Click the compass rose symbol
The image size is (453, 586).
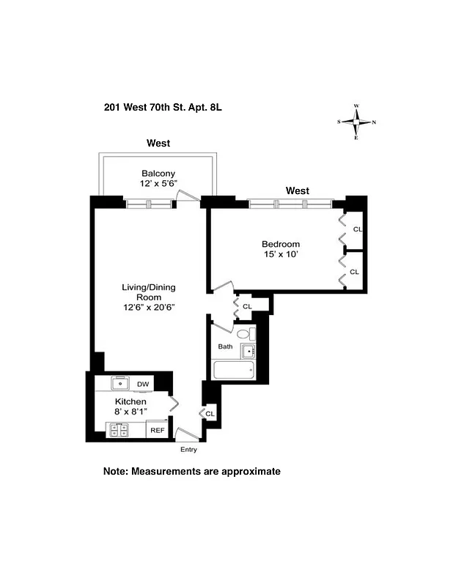[356, 122]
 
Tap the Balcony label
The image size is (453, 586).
[158, 174]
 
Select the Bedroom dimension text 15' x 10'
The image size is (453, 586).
[281, 255]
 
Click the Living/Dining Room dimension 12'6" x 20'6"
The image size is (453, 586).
[149, 308]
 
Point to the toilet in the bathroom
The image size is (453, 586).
[243, 334]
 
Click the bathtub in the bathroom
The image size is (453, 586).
[232, 370]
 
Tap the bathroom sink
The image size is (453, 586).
[248, 350]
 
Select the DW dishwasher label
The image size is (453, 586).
[143, 384]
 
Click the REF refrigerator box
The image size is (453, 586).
[157, 430]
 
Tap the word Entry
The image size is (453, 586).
[189, 449]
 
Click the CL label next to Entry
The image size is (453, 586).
[210, 414]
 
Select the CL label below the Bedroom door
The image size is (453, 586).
[247, 306]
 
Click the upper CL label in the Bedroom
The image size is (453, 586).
[357, 229]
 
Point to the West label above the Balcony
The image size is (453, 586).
[158, 143]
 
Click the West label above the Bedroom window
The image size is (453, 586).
[298, 190]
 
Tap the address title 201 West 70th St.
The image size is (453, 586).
[163, 107]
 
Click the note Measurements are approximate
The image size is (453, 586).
[192, 472]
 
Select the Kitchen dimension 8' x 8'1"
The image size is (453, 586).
[130, 412]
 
